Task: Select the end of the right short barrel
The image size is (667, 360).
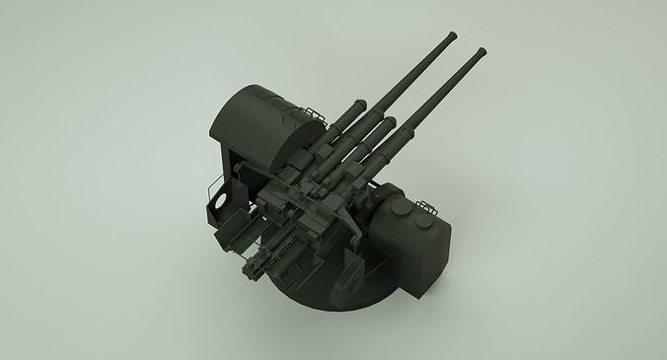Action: (x=393, y=122)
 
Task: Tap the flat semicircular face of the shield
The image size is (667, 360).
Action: (x=296, y=148)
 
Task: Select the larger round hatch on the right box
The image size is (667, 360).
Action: (x=399, y=214)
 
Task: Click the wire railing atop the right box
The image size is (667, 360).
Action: (x=426, y=205)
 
